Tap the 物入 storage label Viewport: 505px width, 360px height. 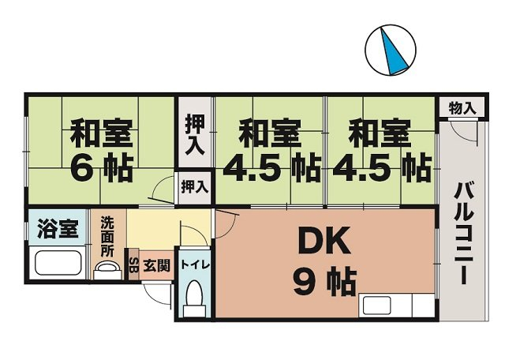[x=462, y=107]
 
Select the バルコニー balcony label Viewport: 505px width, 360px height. [x=463, y=233]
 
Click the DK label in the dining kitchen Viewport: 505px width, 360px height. [x=324, y=240]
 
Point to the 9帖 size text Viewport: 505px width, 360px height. [x=324, y=283]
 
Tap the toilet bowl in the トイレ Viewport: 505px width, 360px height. [x=194, y=294]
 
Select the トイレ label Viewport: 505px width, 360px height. [x=195, y=265]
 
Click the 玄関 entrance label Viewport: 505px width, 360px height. [x=156, y=266]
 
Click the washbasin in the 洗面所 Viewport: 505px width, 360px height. [x=108, y=268]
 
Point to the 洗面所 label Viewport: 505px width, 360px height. [x=107, y=236]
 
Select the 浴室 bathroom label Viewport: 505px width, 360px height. [x=58, y=228]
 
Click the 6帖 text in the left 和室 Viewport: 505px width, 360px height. [x=101, y=168]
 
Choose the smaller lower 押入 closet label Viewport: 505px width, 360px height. [x=195, y=187]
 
